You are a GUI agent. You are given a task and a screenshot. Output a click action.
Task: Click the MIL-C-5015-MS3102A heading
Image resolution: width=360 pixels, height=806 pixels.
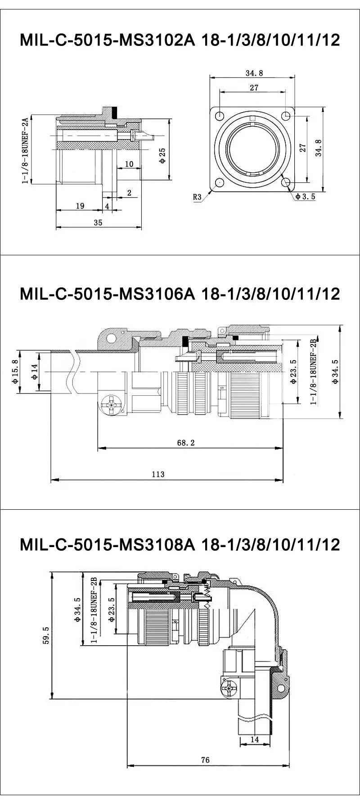pos(180,41)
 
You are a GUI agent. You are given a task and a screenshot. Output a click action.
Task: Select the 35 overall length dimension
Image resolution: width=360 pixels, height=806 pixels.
pos(98,222)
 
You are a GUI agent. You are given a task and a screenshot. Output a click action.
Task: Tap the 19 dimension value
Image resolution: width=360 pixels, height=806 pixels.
pos(80,206)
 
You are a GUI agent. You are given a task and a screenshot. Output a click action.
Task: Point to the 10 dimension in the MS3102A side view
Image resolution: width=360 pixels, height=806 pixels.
pos(129,164)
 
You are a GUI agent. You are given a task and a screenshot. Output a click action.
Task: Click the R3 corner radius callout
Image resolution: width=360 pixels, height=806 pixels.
pos(197,197)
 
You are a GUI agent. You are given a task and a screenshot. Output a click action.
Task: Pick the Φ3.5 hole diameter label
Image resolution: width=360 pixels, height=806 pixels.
pos(306,196)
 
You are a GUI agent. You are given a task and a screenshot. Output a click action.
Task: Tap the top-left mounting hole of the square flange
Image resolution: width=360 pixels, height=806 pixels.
pos(219,116)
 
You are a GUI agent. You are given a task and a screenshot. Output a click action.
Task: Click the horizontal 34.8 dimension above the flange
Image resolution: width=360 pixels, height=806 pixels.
pos(254,73)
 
